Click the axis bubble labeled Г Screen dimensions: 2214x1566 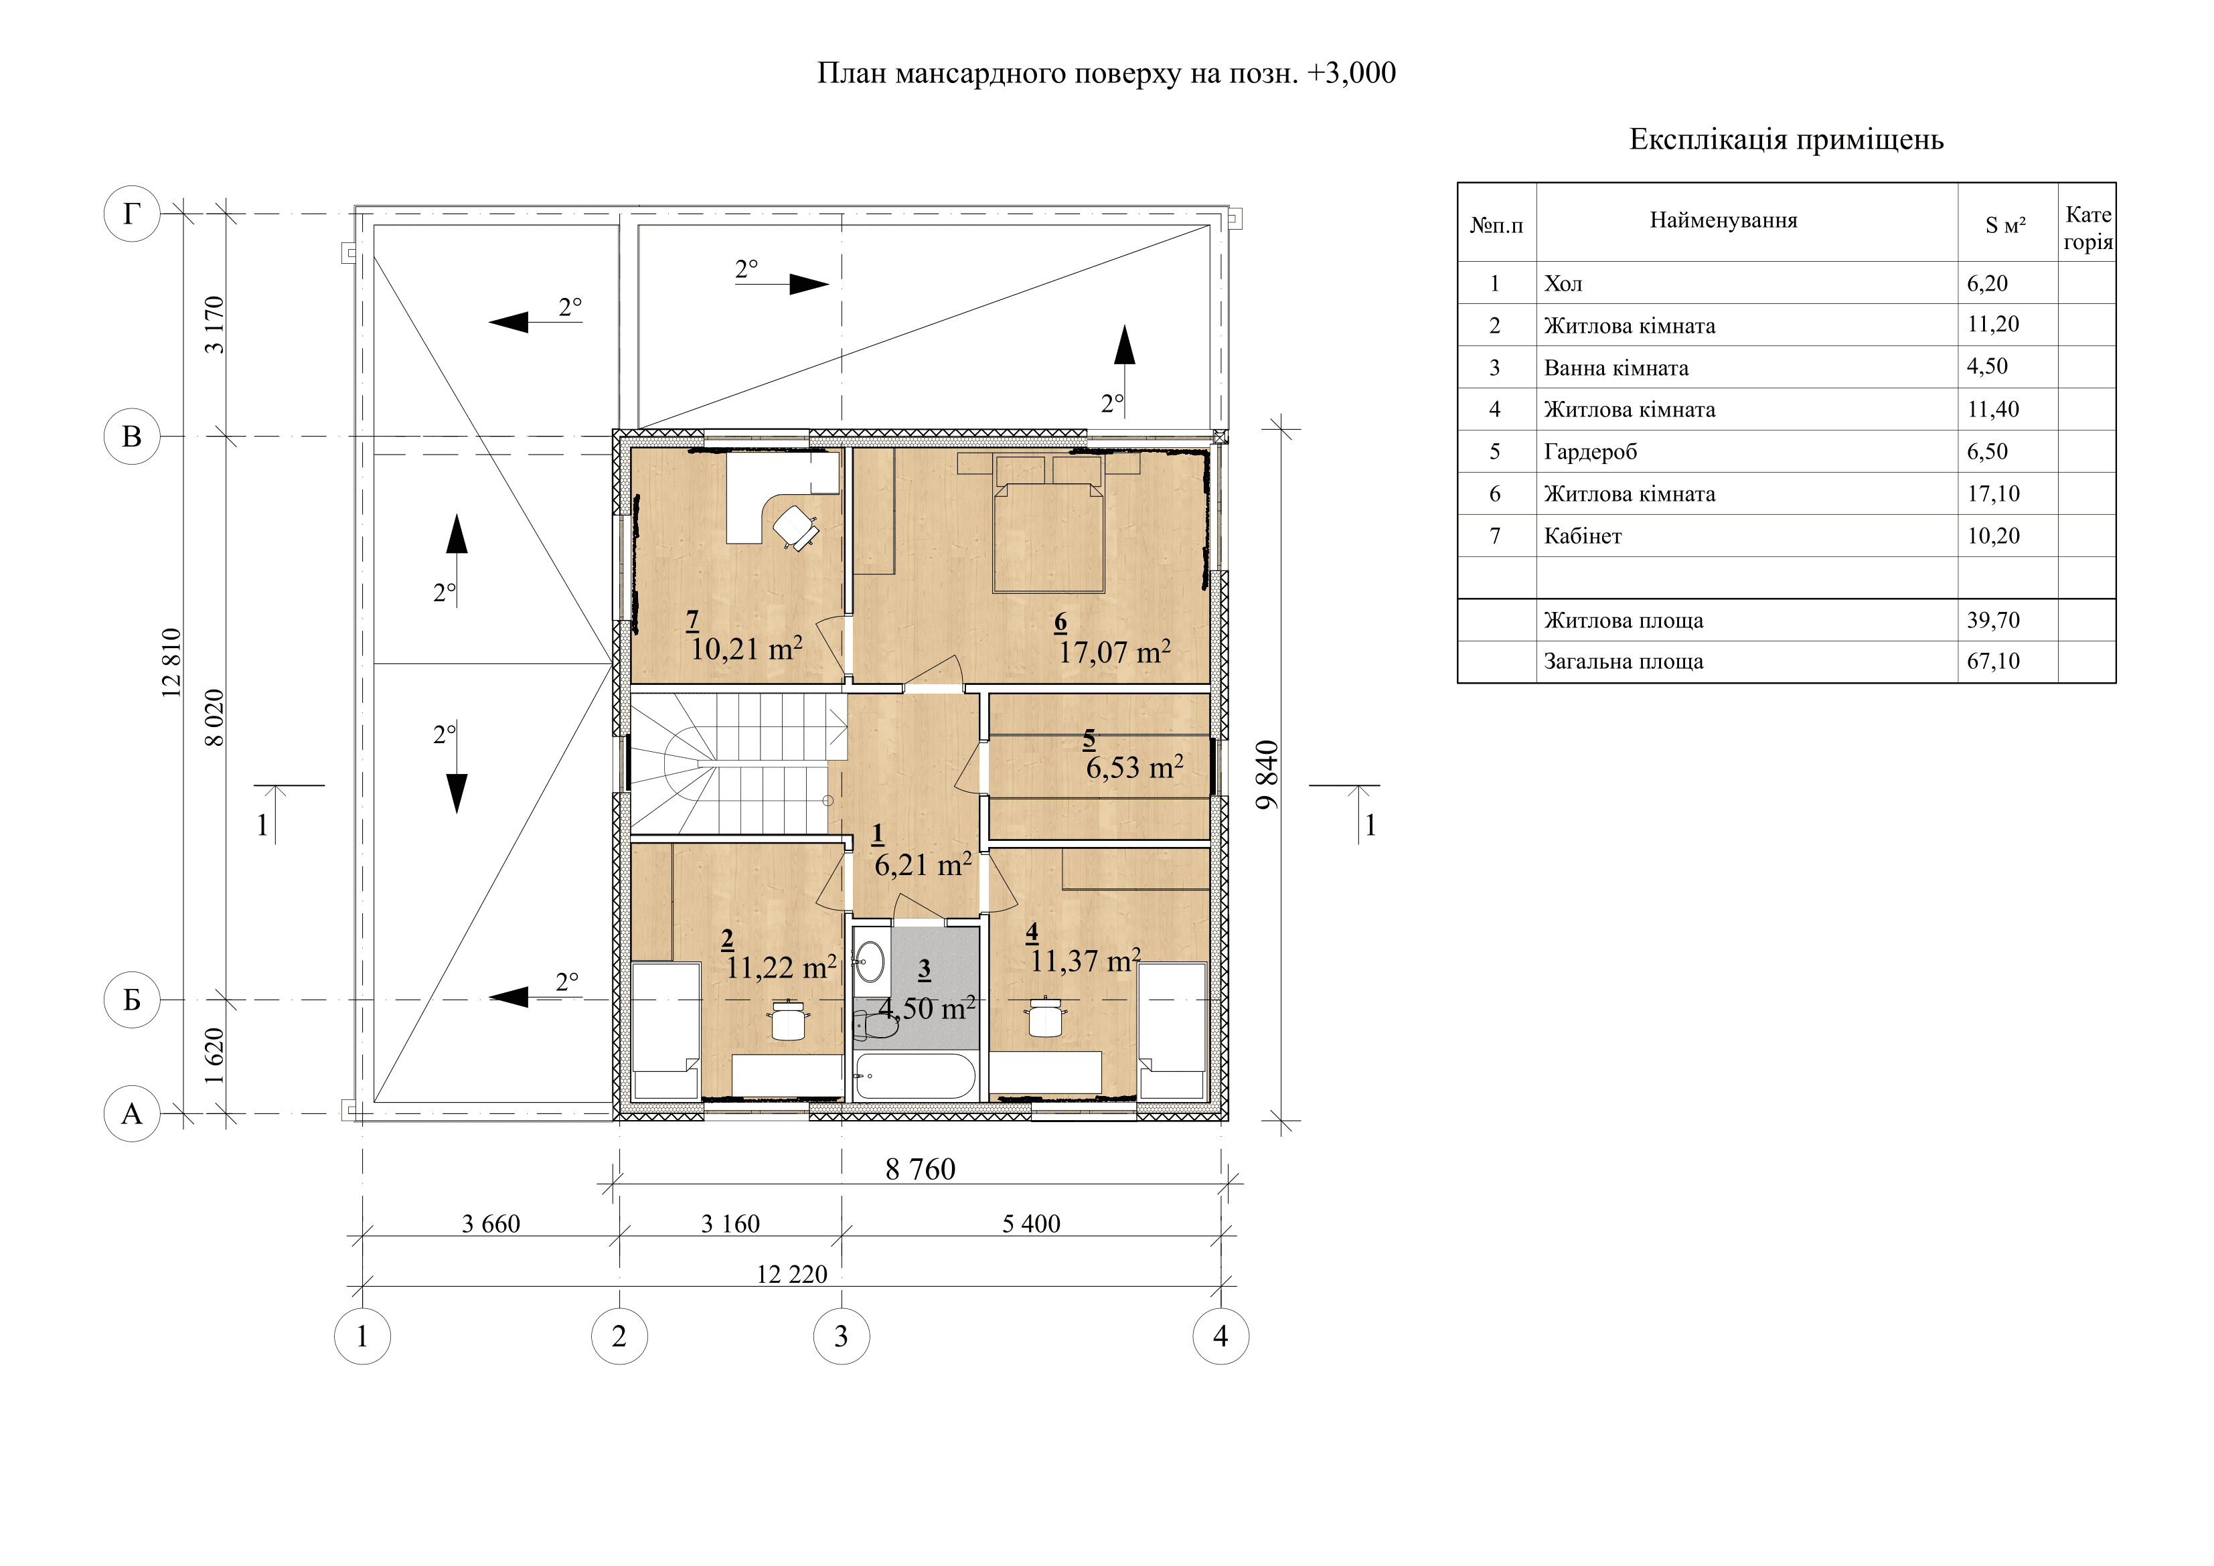point(131,213)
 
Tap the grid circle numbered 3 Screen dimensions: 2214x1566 point(841,1336)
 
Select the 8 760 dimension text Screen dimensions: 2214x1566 point(920,1170)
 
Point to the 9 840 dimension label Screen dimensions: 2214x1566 point(1267,775)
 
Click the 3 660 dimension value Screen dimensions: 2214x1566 point(491,1224)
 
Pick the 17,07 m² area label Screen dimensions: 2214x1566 point(1115,652)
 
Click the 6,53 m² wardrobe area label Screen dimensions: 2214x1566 point(1134,767)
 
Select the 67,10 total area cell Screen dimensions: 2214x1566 point(1993,661)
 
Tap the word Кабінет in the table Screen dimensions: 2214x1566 point(1583,536)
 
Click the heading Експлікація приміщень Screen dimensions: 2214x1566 point(1786,140)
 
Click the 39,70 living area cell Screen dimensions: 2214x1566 point(1993,620)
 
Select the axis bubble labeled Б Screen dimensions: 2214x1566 point(131,1000)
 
